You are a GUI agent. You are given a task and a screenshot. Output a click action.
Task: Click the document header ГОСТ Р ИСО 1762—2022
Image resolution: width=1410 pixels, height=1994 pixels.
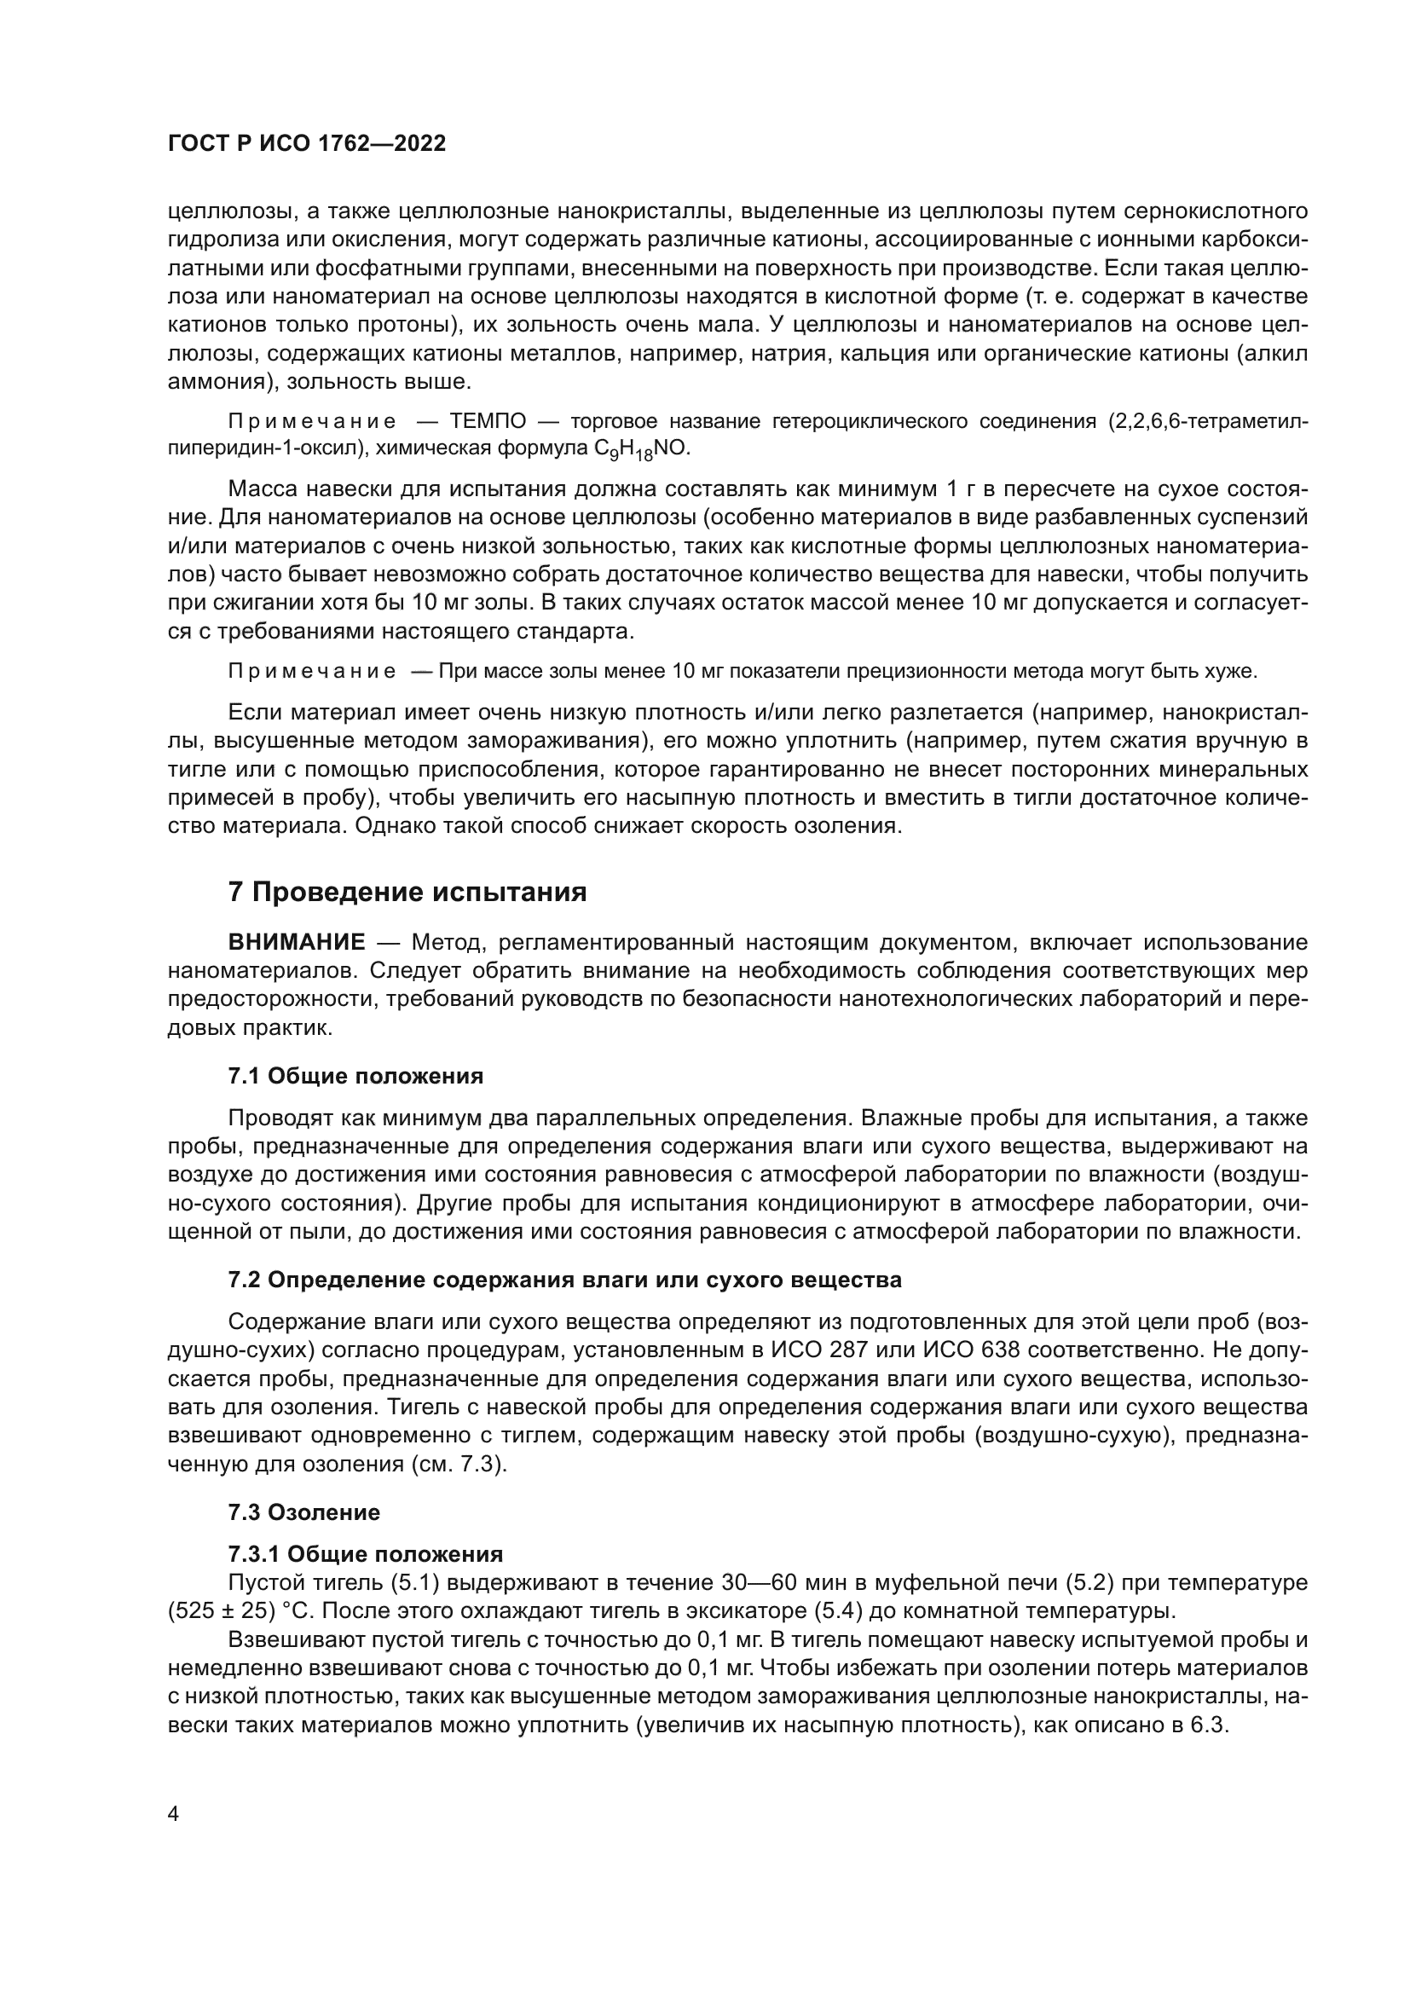coord(307,144)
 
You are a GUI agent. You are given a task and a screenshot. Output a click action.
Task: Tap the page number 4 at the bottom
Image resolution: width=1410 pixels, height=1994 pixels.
coord(174,1815)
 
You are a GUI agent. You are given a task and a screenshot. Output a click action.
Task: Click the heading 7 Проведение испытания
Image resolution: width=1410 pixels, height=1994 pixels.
coord(407,892)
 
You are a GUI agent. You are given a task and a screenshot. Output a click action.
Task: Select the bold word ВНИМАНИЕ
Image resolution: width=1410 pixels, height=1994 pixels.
coord(296,942)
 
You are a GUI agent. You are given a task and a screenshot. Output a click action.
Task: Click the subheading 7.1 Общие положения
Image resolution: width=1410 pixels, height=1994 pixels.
coord(355,1076)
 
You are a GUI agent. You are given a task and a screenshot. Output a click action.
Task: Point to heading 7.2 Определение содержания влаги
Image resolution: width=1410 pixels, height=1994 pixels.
coord(564,1280)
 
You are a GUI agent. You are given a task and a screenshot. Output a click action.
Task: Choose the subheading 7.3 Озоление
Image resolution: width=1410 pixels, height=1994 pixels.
coord(303,1512)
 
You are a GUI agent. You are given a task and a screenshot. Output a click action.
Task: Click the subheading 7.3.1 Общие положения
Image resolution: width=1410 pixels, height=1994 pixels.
coord(366,1554)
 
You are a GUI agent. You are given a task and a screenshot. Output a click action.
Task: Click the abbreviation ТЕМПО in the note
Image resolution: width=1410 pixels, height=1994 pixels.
coord(488,422)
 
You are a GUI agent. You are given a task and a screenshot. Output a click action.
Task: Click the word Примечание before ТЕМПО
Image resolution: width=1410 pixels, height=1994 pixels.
coord(312,422)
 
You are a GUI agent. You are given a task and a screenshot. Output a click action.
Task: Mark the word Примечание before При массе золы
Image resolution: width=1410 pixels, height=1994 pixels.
coord(312,671)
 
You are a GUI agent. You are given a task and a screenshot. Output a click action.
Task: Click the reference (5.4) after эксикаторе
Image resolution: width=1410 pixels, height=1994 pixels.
coord(837,1611)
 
